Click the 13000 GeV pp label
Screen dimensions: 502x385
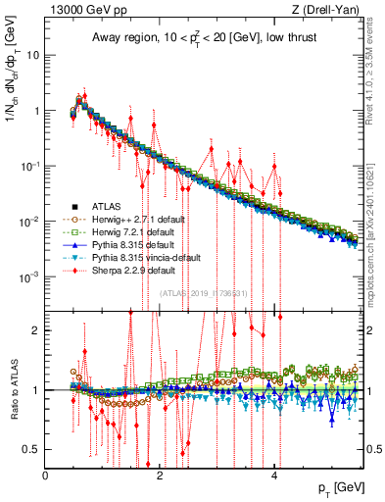(81, 10)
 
